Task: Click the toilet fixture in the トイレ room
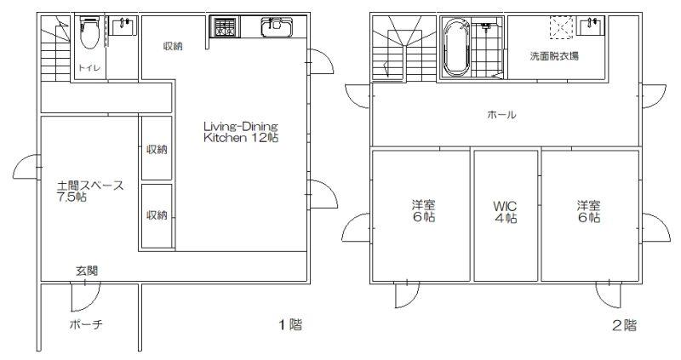tap(90, 33)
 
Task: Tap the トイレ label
tap(89, 68)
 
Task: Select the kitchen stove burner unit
tap(224, 26)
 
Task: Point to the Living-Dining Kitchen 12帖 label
tap(241, 132)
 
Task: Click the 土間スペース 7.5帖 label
tap(90, 191)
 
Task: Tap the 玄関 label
tap(87, 271)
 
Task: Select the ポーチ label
tap(86, 324)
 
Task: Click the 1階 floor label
tap(290, 324)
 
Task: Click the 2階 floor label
tap(624, 325)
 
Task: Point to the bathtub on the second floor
tap(455, 47)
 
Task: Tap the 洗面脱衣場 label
tap(554, 56)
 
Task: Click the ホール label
tap(501, 115)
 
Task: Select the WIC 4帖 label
tap(505, 211)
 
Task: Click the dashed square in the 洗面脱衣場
tap(562, 28)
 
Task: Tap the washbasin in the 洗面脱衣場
tap(591, 26)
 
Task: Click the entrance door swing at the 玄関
tap(86, 297)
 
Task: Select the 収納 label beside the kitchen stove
tap(173, 46)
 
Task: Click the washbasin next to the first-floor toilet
tap(123, 26)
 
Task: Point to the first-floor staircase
tap(55, 49)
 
